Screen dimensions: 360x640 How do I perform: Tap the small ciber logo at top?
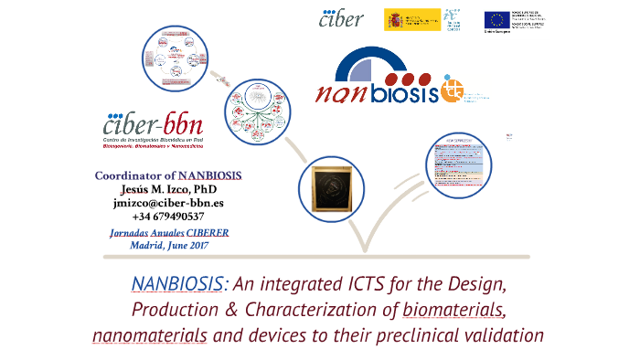(x=341, y=18)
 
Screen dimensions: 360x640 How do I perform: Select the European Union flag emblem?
(x=498, y=19)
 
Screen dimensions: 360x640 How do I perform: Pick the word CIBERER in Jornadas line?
(x=207, y=233)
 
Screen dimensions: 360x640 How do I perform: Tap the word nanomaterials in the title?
(x=150, y=334)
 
